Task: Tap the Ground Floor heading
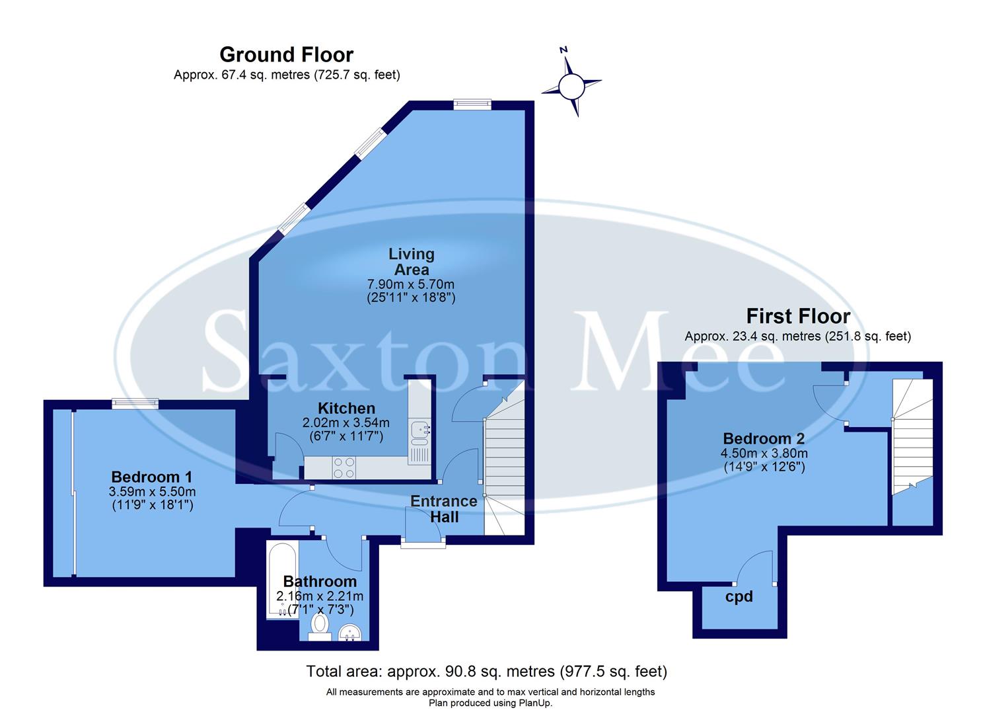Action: [286, 54]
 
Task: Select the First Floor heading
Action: [798, 316]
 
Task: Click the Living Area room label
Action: [411, 262]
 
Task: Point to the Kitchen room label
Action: [346, 408]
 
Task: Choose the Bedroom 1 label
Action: [151, 477]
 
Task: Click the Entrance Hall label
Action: [444, 509]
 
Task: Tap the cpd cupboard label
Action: [739, 596]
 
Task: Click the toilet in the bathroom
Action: [320, 625]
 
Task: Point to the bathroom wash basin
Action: [350, 633]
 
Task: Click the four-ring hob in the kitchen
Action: [344, 468]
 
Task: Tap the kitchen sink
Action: [419, 431]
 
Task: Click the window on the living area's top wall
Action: [472, 103]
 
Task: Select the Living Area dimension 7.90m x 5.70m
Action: [411, 284]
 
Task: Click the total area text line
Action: [486, 672]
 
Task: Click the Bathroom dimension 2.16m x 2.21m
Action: [320, 596]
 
